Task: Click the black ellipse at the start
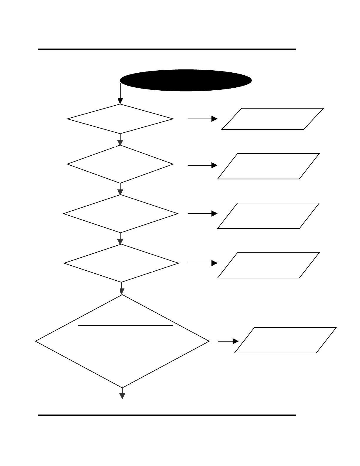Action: (x=186, y=80)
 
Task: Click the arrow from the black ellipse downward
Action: (x=120, y=94)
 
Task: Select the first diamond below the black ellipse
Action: (x=120, y=119)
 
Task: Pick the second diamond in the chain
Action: (x=120, y=164)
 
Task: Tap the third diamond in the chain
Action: (x=121, y=214)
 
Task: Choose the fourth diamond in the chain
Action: (x=121, y=263)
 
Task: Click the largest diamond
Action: (x=122, y=341)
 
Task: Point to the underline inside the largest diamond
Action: (x=125, y=326)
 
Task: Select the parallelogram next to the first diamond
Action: (x=273, y=119)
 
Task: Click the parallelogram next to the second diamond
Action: (x=268, y=166)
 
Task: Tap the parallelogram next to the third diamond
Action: (x=268, y=216)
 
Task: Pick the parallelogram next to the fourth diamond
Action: (x=268, y=265)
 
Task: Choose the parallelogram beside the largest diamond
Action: (x=285, y=340)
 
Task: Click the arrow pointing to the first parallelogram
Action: (x=202, y=119)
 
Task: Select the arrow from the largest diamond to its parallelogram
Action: (x=228, y=341)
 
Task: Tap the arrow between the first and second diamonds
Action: (x=120, y=139)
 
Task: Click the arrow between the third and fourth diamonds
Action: (x=120, y=238)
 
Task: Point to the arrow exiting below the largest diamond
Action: (x=122, y=393)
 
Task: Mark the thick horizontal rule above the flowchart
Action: (x=166, y=49)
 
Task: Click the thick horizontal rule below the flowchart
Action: (x=166, y=415)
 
